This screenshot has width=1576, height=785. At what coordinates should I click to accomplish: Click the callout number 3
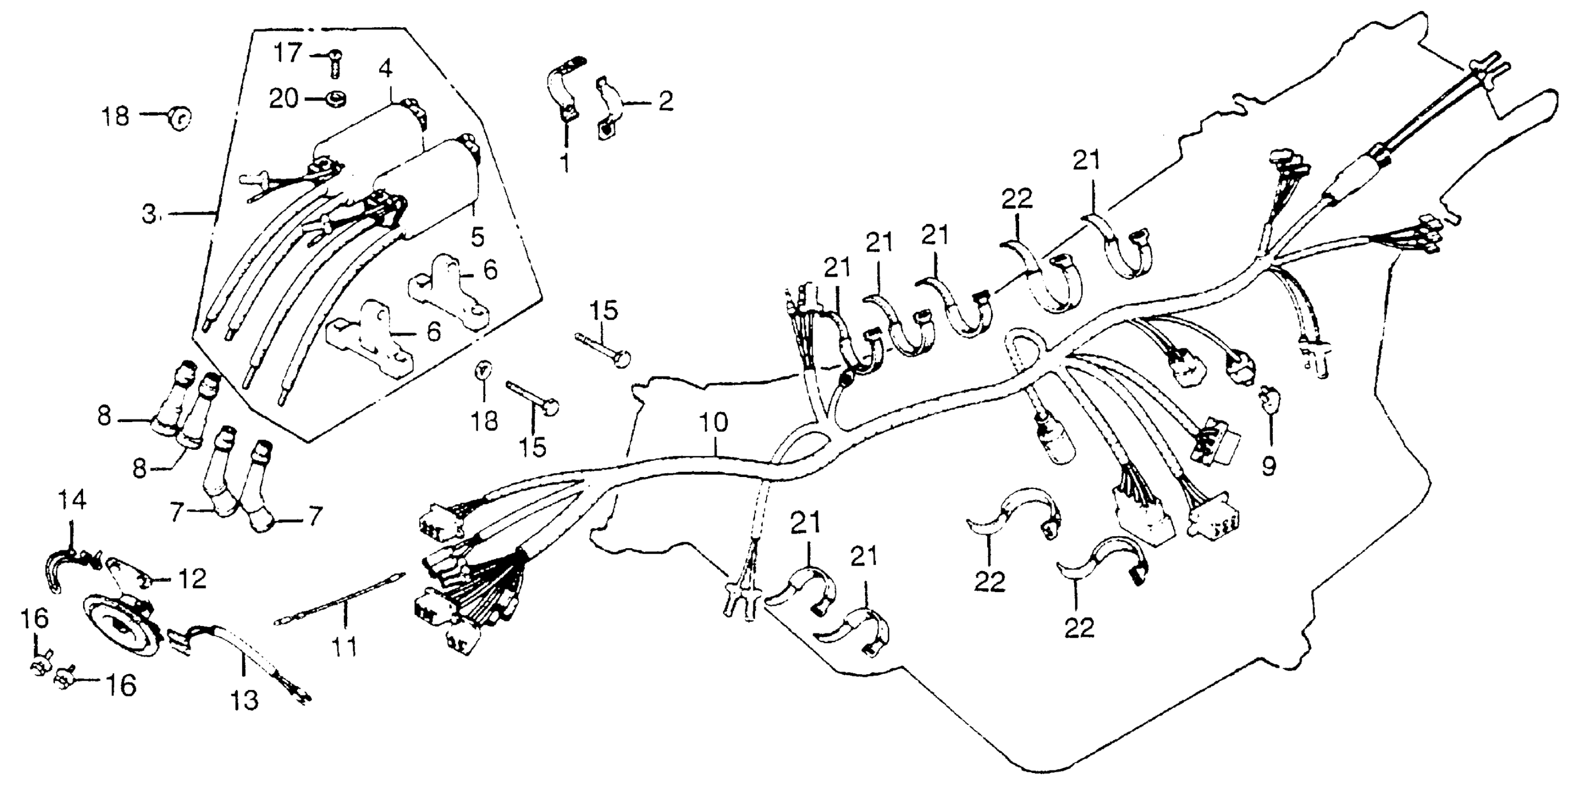point(149,215)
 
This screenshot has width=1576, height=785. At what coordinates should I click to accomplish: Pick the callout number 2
point(665,101)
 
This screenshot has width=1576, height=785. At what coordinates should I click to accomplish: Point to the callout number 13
point(245,700)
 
